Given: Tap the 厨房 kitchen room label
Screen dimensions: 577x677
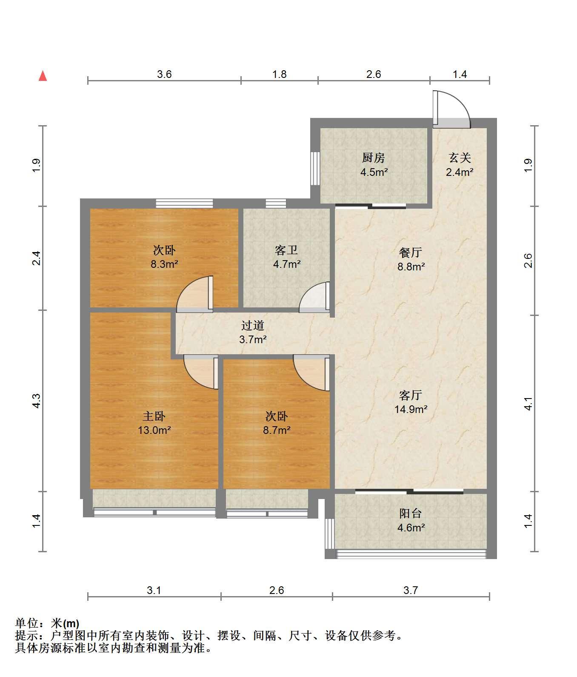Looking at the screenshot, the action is click(374, 158).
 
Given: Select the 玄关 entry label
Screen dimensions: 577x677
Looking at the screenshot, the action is click(460, 158).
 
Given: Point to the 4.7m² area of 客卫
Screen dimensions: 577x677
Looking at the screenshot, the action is click(287, 264).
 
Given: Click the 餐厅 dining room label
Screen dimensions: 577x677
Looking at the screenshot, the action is click(411, 252).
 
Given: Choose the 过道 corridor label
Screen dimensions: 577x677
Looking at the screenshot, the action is click(253, 326).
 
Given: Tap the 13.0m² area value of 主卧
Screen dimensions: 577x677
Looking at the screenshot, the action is click(154, 430).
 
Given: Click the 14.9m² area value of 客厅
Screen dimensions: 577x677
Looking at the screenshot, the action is click(411, 409).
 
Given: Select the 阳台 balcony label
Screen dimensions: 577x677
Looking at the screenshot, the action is click(411, 513).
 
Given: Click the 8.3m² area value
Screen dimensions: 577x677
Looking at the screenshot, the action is click(164, 264).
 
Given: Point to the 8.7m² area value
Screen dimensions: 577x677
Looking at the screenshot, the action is click(277, 430).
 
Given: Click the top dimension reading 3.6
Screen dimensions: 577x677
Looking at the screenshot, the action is click(164, 74).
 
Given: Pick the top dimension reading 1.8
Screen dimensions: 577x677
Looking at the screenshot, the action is click(279, 74).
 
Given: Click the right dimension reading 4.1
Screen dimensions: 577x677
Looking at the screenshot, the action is click(528, 403).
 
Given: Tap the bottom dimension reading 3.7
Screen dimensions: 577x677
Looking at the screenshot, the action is click(411, 590).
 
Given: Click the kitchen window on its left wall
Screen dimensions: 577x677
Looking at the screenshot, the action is click(315, 168).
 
